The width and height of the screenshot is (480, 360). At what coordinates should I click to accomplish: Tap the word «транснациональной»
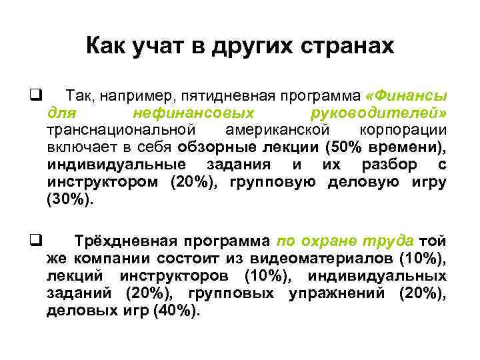click(x=121, y=129)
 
